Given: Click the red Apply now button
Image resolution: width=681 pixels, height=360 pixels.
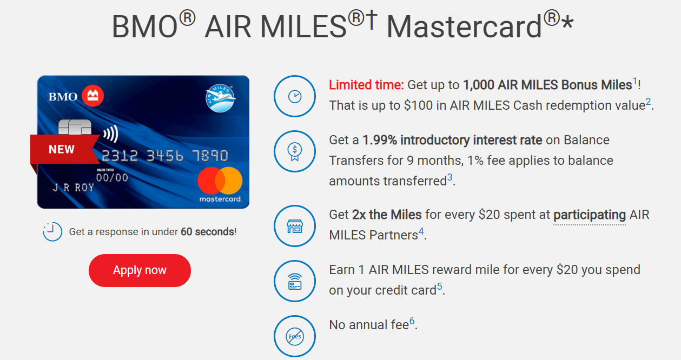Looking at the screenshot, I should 140,270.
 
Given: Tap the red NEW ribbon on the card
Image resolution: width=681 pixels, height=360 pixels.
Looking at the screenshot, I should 62,149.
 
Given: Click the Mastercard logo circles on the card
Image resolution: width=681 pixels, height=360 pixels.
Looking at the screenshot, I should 220,181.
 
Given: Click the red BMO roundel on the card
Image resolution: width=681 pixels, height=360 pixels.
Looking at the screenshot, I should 92,97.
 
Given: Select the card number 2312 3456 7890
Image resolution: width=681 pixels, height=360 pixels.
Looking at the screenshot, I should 164,156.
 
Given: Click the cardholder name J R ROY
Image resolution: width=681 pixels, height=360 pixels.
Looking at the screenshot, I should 73,188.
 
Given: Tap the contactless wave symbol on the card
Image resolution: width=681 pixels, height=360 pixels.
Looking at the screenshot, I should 110,134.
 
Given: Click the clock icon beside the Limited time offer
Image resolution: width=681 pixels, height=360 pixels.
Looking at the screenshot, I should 294,96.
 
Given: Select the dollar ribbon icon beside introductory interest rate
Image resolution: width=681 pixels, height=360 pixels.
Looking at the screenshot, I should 294,151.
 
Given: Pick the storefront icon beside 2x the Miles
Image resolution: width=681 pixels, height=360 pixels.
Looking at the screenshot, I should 294,226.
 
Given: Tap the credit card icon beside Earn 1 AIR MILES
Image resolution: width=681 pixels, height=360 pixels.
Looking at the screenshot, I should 294,281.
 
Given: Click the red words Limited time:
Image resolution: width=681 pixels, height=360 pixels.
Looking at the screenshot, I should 366,85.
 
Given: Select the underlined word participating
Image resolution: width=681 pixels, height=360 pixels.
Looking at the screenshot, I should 589,215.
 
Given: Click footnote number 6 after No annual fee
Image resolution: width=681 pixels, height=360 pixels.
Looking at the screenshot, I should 412,322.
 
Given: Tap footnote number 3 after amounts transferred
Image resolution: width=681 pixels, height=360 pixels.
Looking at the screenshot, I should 449,178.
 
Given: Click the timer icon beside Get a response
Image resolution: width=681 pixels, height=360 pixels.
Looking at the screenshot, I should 52,232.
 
